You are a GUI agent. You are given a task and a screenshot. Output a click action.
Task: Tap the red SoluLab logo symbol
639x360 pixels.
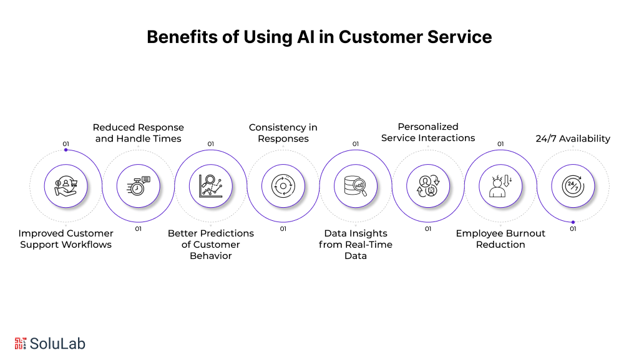point(21,343)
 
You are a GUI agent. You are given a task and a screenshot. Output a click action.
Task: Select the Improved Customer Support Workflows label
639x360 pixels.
point(66,239)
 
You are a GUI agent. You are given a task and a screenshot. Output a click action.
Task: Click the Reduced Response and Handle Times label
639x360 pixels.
point(139,133)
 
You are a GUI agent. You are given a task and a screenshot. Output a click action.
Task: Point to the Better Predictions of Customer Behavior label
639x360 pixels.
point(211,245)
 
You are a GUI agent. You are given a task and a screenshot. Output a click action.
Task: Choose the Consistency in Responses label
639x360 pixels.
point(283,133)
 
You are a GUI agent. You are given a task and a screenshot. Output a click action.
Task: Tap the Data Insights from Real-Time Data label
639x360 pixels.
point(356,245)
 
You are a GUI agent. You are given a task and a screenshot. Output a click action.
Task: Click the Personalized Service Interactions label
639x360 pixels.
point(428,132)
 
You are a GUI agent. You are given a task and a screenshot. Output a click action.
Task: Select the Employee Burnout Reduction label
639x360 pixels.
point(500,239)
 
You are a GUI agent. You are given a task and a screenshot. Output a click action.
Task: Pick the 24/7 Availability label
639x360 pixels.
point(573,139)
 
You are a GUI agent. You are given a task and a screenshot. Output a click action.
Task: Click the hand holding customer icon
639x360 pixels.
point(66,186)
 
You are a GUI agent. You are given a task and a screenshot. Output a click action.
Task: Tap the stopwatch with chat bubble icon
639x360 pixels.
point(139,186)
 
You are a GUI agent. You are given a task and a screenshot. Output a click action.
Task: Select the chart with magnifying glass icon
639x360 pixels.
point(211,186)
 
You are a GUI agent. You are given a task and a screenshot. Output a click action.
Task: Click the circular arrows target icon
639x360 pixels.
point(283,186)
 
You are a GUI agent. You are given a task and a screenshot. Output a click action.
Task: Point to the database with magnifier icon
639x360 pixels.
point(356,186)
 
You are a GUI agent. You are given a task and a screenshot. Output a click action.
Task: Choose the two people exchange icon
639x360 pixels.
point(428,186)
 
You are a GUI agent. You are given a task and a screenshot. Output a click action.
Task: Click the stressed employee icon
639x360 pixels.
point(500,186)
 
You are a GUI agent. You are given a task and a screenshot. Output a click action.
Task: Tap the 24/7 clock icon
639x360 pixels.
point(573,186)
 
